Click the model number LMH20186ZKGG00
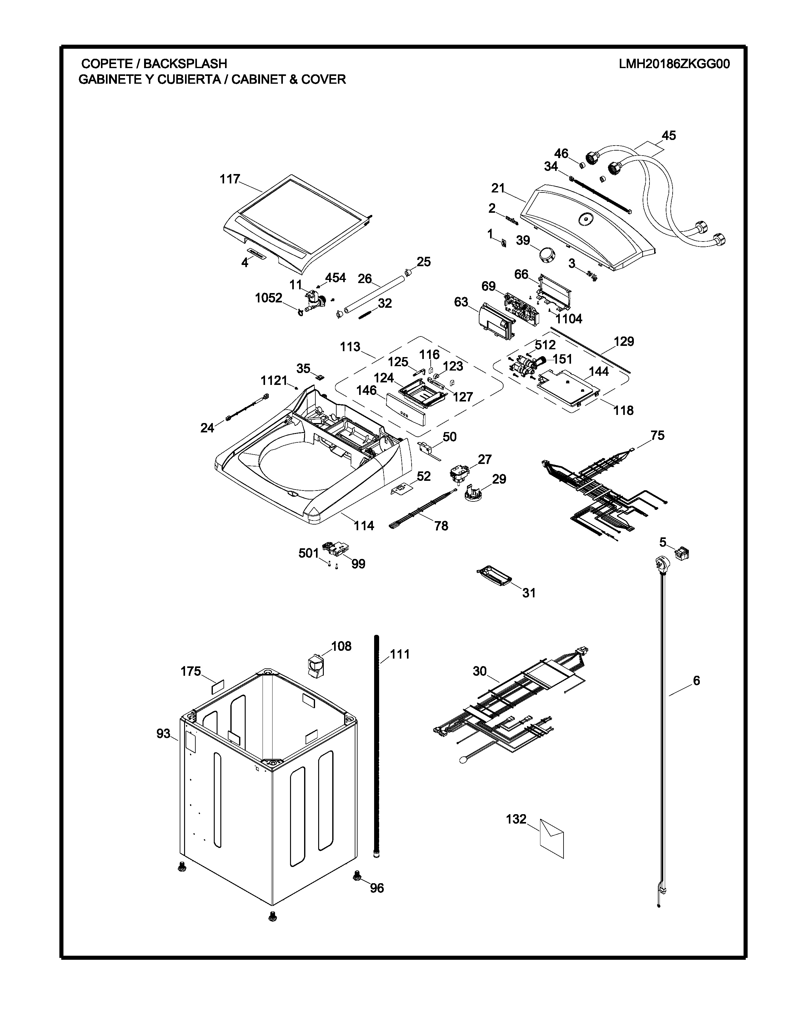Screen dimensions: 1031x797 [x=674, y=64]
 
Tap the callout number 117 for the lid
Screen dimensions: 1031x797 [x=230, y=179]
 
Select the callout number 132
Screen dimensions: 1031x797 [x=516, y=819]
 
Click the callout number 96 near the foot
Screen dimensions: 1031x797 [x=377, y=888]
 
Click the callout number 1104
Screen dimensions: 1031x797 [x=569, y=319]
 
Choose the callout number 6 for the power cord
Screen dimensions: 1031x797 [x=696, y=680]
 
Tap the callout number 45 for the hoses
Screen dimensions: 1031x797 [x=669, y=136]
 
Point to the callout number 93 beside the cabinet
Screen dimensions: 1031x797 [x=163, y=734]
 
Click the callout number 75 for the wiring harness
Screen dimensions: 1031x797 [x=658, y=435]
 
